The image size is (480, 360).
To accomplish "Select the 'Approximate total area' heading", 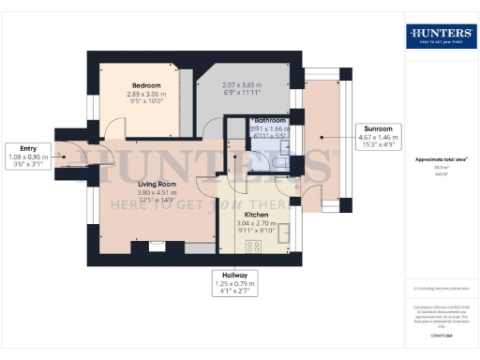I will pyautogui.click(x=440, y=159).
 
